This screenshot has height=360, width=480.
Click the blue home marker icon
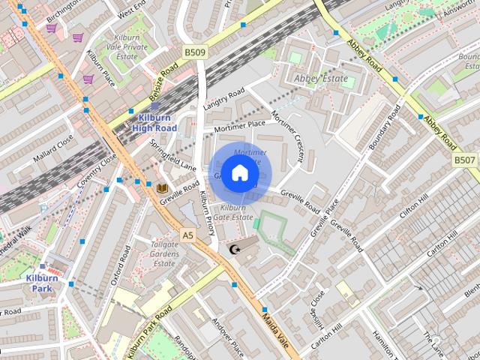(x=238, y=173)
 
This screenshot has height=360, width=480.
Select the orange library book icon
(x=162, y=190)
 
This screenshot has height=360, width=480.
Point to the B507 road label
(x=465, y=160)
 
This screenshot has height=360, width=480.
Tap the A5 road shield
(x=187, y=235)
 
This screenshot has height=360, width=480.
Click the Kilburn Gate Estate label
(x=233, y=211)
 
